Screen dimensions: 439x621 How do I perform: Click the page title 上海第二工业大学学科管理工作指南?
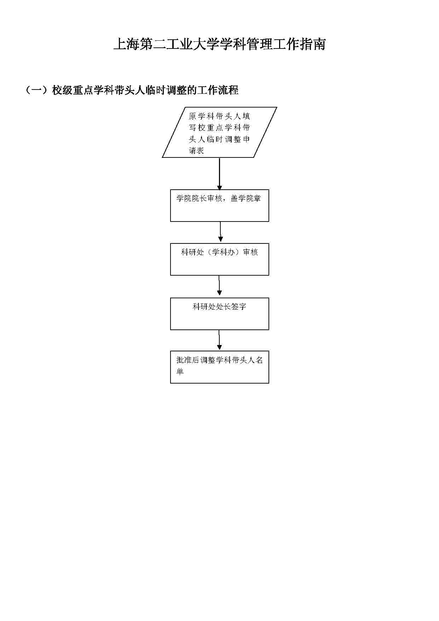[219, 45]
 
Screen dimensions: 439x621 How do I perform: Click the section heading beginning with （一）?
[131, 90]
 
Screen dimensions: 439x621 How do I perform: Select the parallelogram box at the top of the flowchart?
[219, 132]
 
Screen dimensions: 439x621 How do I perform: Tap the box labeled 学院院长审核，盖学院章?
[219, 206]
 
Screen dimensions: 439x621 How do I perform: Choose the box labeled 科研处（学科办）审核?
[219, 259]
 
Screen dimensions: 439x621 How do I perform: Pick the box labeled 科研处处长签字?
[219, 314]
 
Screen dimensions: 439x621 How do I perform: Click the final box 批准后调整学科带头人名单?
[219, 367]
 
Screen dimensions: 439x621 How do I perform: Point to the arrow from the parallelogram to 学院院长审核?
[219, 174]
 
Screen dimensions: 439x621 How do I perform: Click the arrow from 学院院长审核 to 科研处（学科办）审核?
[220, 232]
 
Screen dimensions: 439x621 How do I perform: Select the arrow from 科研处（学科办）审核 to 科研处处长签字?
[219, 286]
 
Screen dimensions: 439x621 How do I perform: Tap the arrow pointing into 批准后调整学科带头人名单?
[219, 340]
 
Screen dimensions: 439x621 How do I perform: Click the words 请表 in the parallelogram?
[196, 151]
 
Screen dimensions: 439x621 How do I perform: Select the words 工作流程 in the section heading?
[218, 90]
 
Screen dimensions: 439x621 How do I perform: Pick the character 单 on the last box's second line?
[180, 372]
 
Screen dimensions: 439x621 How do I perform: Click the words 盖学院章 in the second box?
[246, 199]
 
